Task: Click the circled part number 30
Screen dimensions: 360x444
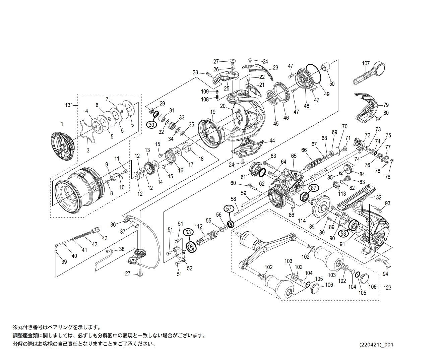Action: pos(151,125)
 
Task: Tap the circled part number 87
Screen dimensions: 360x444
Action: pos(314,188)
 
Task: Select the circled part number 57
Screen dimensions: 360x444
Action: pos(229,209)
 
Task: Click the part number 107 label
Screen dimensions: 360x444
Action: pos(366,63)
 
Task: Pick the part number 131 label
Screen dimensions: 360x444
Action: pos(69,105)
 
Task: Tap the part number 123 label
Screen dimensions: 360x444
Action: pos(387,287)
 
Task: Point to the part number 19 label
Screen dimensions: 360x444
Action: pos(213,112)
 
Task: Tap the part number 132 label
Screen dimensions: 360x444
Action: pos(377,197)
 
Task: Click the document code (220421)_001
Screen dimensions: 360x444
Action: pos(376,345)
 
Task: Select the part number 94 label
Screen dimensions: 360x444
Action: pos(385,274)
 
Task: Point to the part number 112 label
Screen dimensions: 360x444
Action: pos(198,227)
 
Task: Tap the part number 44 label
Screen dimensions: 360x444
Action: pos(272,141)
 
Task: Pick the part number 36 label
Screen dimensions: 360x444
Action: pos(113,225)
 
